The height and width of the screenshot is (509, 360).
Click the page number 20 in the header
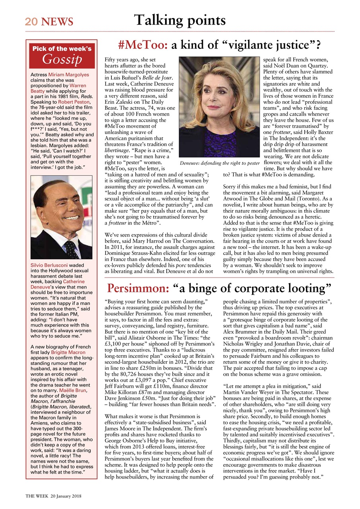tap(31, 21)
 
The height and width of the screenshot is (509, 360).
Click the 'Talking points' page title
tap(180, 20)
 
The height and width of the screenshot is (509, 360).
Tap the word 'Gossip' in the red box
tap(62, 59)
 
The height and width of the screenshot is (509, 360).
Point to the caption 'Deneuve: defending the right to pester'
tap(219, 163)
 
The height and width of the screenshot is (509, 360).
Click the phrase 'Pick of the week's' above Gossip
tap(62, 49)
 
